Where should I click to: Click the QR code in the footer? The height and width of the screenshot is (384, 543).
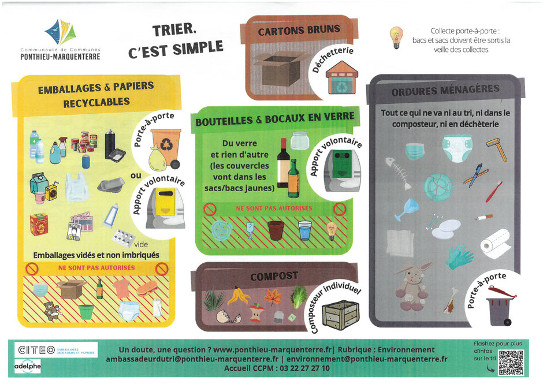pyautogui.click(x=511, y=363)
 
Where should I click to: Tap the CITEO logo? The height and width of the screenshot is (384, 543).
pyautogui.click(x=56, y=350)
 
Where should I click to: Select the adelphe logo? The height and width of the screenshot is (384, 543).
pyautogui.click(x=27, y=366)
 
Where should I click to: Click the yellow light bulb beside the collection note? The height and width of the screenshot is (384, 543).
pyautogui.click(x=396, y=38)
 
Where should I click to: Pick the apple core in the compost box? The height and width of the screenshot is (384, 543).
pyautogui.click(x=256, y=312)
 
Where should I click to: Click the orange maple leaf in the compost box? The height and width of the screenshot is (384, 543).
pyautogui.click(x=273, y=297)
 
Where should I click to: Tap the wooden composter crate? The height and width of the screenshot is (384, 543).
pyautogui.click(x=340, y=314)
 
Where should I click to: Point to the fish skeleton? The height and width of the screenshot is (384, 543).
pyautogui.click(x=399, y=173)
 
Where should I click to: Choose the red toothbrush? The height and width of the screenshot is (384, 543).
pyautogui.click(x=494, y=191)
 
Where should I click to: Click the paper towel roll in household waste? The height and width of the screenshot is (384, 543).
pyautogui.click(x=495, y=244)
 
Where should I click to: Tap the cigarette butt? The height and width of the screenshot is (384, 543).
pyautogui.click(x=484, y=218)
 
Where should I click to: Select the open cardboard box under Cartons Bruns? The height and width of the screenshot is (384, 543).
pyautogui.click(x=280, y=69)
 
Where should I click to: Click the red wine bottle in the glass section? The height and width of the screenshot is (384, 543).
pyautogui.click(x=283, y=163)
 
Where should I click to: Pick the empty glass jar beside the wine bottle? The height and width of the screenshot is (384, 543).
pyautogui.click(x=299, y=140)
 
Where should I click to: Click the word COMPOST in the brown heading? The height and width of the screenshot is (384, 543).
pyautogui.click(x=274, y=276)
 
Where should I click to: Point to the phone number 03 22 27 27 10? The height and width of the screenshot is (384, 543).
pyautogui.click(x=305, y=368)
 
